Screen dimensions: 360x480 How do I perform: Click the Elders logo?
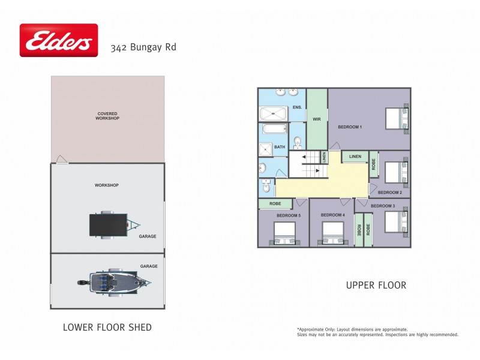58,40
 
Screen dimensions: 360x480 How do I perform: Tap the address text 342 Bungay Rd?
143,47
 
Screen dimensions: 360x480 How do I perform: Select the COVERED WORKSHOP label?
107,116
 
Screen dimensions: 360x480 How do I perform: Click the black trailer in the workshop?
111,225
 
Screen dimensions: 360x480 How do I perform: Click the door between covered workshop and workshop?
61,160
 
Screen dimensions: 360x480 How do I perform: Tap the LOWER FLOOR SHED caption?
107,328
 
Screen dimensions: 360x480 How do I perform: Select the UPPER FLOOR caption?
376,285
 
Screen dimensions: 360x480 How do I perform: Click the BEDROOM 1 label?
350,127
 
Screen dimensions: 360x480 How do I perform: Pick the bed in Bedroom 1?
397,118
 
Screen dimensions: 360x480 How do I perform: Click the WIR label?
317,119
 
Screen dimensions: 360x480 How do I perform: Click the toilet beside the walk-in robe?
297,142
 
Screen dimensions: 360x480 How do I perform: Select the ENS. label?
297,107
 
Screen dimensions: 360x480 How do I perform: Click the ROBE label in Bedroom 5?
275,204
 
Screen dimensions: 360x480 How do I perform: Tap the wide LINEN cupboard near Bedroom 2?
355,157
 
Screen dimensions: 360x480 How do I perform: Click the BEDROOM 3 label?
383,206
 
